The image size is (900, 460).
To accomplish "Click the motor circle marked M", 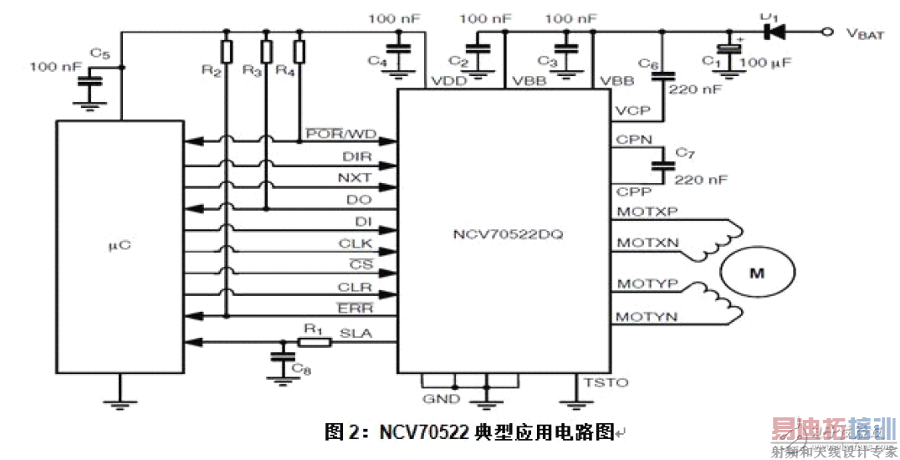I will coord(756,273).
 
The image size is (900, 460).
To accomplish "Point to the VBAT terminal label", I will coord(864,33).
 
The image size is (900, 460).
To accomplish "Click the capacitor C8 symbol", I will coord(278,357).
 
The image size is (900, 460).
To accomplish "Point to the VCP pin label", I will coord(632,110).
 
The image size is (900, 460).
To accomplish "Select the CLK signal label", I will coord(356,244).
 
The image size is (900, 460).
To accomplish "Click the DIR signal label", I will coord(357,156).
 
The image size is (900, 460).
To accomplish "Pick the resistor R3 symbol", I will coord(266,52).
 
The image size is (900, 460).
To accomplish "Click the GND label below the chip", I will coord(441,399).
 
